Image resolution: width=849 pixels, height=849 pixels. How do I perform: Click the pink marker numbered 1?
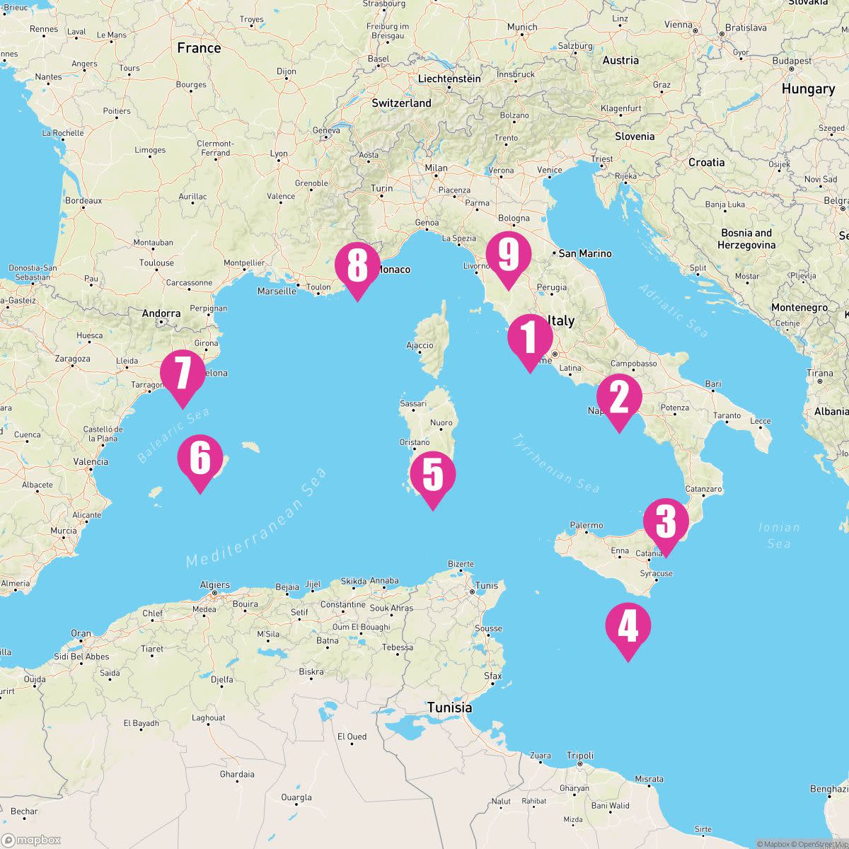[x=529, y=338]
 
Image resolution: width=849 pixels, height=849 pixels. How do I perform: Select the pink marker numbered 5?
[x=432, y=475]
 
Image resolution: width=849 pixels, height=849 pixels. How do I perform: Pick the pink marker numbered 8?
[x=357, y=266]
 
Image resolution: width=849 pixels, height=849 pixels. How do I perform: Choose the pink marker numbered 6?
[x=200, y=458]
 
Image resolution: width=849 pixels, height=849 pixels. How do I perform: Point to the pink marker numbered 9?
[x=508, y=255]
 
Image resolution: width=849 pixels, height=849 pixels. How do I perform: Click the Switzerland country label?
[x=401, y=103]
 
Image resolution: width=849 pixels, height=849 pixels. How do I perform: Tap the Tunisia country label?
[x=449, y=707]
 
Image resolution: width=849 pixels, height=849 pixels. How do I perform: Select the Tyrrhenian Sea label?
[x=555, y=463]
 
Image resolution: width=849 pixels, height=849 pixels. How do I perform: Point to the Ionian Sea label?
[x=778, y=535]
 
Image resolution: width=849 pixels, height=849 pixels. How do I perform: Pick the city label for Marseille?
[x=277, y=291]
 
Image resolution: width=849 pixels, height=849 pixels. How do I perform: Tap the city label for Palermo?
[x=587, y=525]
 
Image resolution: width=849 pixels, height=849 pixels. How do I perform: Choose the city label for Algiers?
[x=214, y=585]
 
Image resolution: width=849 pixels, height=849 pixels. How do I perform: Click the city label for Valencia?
[x=91, y=462]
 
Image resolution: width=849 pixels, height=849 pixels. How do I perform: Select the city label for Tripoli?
[x=580, y=756]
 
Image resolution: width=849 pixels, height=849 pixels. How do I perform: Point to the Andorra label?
[x=161, y=313]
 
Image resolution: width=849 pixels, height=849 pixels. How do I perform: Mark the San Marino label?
[x=585, y=253]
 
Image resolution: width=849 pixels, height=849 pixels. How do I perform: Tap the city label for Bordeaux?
[x=83, y=200]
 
